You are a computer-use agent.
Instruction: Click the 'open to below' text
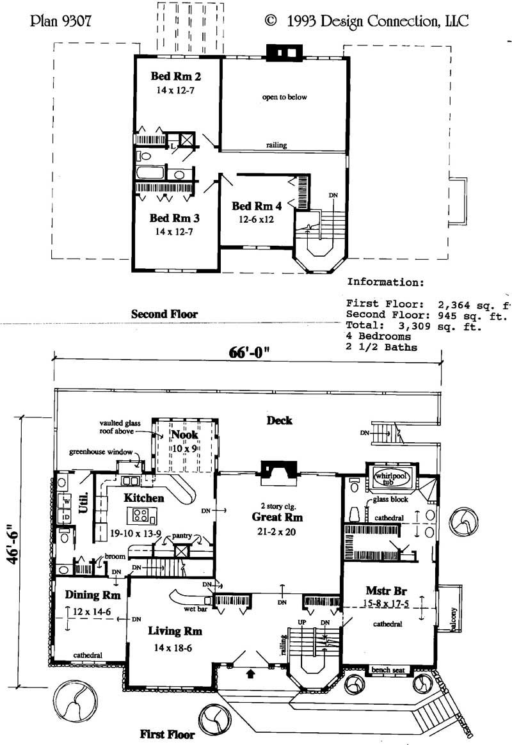tap(284, 97)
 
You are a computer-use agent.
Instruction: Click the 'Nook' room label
tap(184, 435)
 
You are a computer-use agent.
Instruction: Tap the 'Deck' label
tap(280, 421)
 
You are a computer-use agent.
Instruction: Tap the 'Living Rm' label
tap(175, 631)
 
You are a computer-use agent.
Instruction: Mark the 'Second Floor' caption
tap(164, 314)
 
